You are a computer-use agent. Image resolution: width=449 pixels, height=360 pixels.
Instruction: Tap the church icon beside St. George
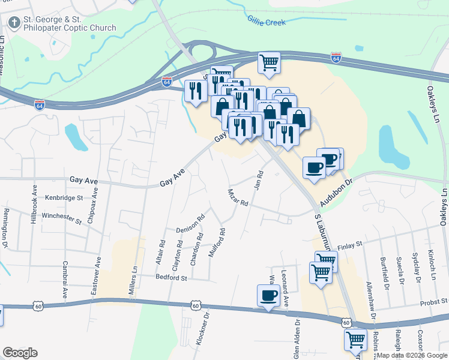pos(13,23)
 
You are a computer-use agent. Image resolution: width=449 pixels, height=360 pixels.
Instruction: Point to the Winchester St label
pos(61,217)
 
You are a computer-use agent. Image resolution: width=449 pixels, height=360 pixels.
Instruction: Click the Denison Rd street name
pos(190,229)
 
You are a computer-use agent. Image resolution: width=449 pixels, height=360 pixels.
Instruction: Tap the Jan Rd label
pos(259,179)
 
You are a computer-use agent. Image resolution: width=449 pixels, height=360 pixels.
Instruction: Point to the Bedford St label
pos(172,278)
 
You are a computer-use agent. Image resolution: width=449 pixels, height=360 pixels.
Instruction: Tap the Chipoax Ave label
pos(91,208)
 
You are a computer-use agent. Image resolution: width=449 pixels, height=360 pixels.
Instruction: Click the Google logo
pos(20,353)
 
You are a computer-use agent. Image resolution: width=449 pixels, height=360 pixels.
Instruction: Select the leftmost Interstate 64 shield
pos(40,104)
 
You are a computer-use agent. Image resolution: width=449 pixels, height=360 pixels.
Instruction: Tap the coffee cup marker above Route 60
pos(268,295)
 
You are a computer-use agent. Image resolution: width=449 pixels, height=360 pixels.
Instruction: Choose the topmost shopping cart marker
pos(270,62)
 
